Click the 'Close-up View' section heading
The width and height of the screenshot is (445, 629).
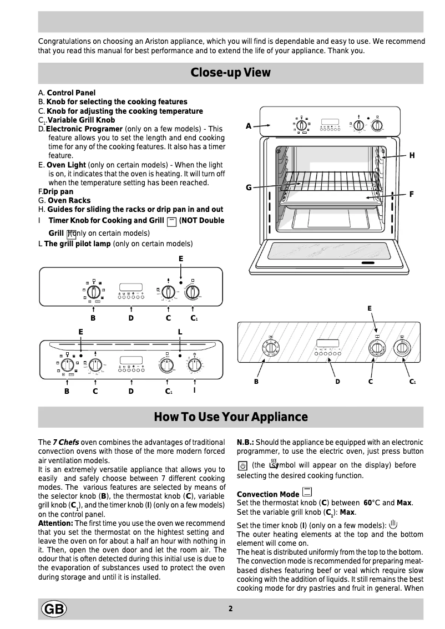230,73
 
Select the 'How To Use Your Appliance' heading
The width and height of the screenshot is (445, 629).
230,417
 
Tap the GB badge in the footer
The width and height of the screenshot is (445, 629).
53,609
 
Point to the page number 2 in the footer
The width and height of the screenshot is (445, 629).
230,608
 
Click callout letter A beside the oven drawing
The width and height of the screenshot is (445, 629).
249,126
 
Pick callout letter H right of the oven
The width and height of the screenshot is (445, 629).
412,156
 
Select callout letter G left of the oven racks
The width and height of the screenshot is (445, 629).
249,187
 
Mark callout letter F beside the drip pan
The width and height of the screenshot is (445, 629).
412,194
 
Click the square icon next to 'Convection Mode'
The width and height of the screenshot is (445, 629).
307,492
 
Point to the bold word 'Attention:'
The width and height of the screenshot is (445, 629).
55,523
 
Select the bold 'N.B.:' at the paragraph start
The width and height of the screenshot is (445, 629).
245,442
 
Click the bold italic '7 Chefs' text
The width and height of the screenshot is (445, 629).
65,442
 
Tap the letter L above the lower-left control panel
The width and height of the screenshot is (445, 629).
180,331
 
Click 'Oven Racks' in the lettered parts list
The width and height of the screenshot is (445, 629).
69,200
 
